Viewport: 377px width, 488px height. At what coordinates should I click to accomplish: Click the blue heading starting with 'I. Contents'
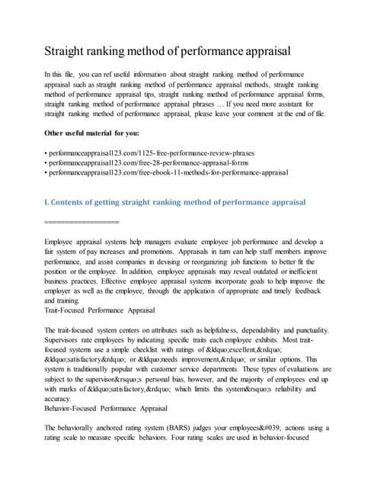(x=175, y=202)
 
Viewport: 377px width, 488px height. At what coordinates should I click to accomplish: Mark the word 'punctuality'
(x=305, y=330)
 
